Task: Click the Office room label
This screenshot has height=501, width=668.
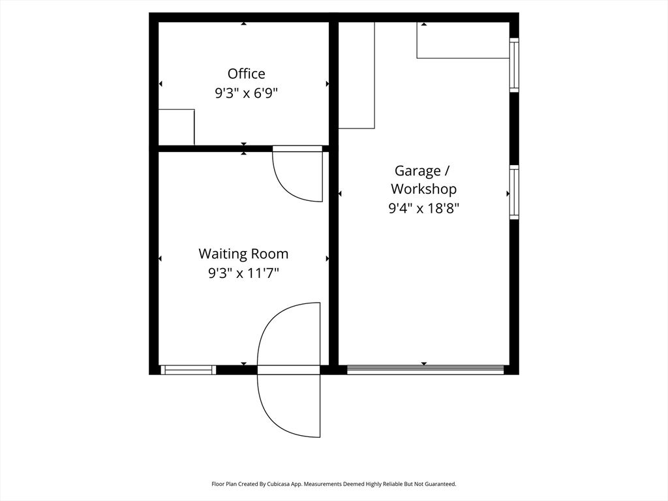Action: pyautogui.click(x=246, y=74)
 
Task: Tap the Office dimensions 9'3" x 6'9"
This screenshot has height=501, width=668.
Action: pyautogui.click(x=246, y=93)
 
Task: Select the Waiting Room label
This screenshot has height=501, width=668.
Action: pyautogui.click(x=243, y=254)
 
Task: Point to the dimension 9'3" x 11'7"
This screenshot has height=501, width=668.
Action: pyautogui.click(x=243, y=273)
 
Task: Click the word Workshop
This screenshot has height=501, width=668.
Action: pyautogui.click(x=423, y=189)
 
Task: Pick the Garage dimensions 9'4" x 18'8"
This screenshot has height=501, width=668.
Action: pyautogui.click(x=423, y=208)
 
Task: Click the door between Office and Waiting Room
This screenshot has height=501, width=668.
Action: pyautogui.click(x=297, y=174)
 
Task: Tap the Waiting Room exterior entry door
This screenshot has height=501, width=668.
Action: pyautogui.click(x=289, y=370)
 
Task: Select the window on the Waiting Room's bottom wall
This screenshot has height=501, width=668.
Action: pyautogui.click(x=188, y=370)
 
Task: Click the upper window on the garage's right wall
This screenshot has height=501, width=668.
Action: pyautogui.click(x=514, y=65)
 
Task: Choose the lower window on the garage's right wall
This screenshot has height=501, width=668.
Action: pyautogui.click(x=514, y=192)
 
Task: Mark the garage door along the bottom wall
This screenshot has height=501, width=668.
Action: pyautogui.click(x=425, y=370)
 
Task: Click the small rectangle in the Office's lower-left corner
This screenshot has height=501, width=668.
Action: pyautogui.click(x=176, y=127)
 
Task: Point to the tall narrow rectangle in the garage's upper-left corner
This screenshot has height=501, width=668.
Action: pyautogui.click(x=357, y=75)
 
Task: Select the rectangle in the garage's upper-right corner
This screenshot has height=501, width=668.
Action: pyautogui.click(x=463, y=40)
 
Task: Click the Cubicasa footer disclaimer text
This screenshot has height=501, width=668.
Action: pyautogui.click(x=334, y=484)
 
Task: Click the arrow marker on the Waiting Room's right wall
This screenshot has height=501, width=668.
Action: pyautogui.click(x=327, y=258)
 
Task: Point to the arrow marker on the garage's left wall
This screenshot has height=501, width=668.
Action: pyautogui.click(x=340, y=194)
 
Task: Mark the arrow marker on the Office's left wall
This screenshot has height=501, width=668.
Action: pyautogui.click(x=160, y=84)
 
